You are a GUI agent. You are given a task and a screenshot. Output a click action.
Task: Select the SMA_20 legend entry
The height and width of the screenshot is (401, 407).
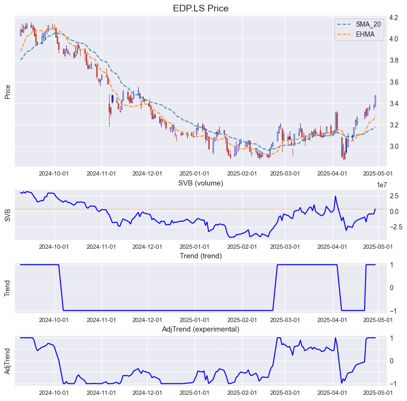[x=368, y=24]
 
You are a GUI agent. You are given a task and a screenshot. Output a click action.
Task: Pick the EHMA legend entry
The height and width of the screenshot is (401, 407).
[x=365, y=34]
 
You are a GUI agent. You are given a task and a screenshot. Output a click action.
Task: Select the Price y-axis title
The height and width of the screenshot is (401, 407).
[x=8, y=91]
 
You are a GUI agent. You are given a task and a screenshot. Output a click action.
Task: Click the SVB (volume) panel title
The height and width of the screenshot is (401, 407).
[x=201, y=183]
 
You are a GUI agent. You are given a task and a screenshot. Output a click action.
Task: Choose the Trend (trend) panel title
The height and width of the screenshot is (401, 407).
[x=201, y=256]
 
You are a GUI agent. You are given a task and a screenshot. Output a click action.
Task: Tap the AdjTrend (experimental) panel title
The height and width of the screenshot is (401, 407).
[x=201, y=329]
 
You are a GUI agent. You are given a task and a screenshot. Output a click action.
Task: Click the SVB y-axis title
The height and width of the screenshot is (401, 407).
[x=8, y=215]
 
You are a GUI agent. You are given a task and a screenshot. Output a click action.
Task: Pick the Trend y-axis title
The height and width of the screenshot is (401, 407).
[x=8, y=288]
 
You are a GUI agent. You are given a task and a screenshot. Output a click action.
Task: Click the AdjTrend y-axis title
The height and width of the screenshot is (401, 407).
[x=8, y=361]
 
